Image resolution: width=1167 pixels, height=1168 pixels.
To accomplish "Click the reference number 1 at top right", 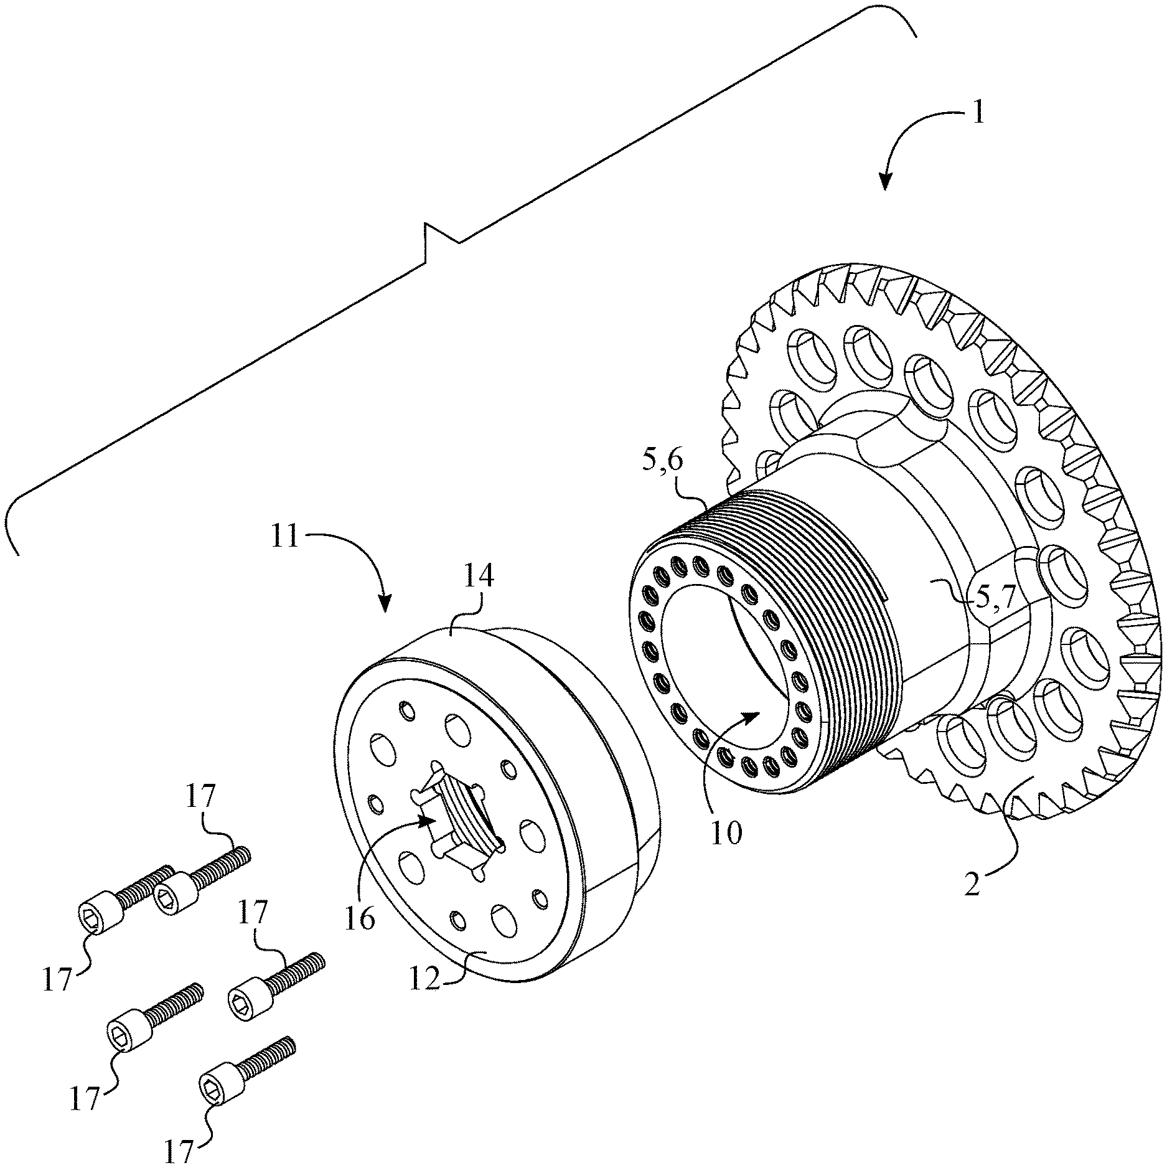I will pos(978,115).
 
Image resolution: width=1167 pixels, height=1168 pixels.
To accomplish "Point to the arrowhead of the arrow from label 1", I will pos(884,185).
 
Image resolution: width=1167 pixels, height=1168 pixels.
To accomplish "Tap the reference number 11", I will pos(284,536).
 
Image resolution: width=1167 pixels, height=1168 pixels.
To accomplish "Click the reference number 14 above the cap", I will pos(478,577).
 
